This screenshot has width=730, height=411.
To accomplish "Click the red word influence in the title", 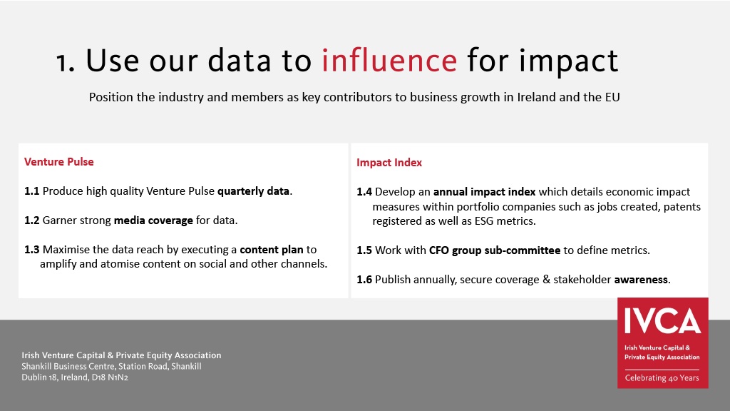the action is click(x=389, y=61).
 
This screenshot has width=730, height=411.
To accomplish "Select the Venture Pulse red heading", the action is click(x=59, y=162).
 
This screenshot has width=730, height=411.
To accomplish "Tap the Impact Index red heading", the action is click(x=389, y=163).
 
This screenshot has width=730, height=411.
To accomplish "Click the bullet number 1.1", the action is click(x=31, y=191).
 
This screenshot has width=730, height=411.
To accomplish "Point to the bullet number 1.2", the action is click(x=31, y=220).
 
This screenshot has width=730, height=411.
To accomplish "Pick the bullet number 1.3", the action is click(x=31, y=250).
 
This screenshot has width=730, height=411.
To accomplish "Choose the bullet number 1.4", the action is click(x=364, y=192).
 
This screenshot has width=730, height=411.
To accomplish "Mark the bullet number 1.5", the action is click(x=364, y=250).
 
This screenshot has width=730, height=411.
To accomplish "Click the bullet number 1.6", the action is click(x=364, y=280).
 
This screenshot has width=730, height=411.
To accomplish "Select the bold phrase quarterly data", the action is click(x=253, y=191).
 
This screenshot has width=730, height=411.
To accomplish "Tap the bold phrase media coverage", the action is click(x=153, y=220).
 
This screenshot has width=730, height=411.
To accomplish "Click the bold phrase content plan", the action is click(x=272, y=250).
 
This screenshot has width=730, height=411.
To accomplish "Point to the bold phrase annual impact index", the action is click(x=484, y=192).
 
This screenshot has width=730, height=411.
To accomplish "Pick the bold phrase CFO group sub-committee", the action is click(x=495, y=250).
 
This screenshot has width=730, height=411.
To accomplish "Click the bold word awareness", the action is click(x=641, y=280).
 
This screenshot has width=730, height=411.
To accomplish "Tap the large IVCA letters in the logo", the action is click(x=662, y=320).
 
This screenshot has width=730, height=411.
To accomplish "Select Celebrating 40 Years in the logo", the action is click(x=662, y=378).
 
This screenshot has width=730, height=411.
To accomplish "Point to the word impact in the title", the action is click(x=568, y=61).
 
